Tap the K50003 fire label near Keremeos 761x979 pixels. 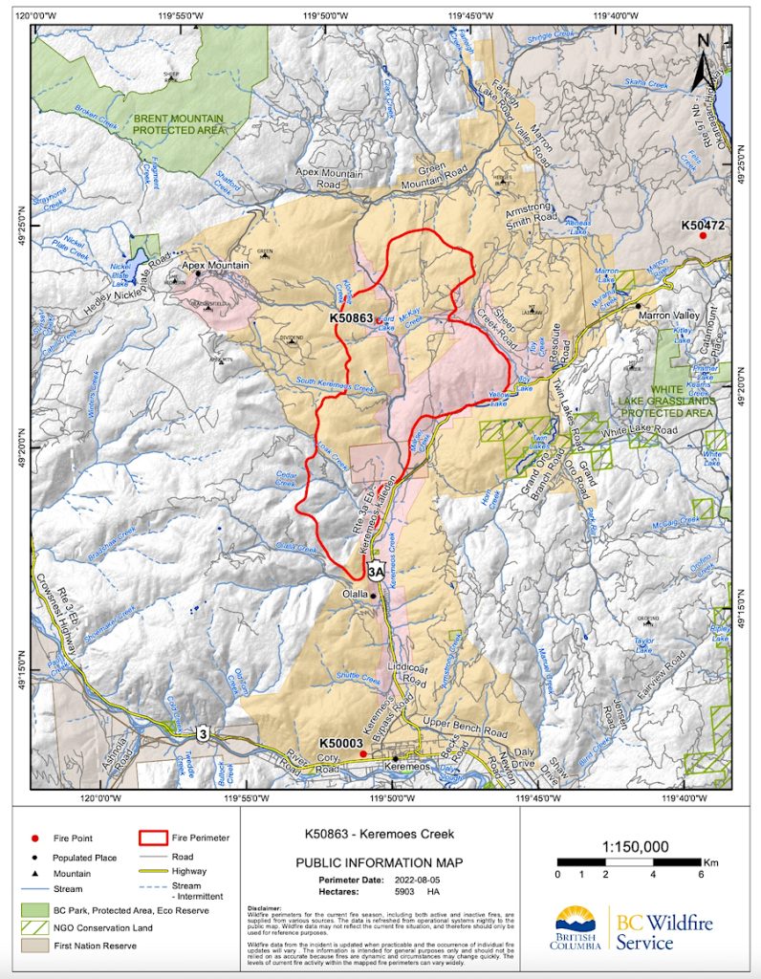341,743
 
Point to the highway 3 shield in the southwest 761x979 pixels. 203,733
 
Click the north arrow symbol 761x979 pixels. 705,59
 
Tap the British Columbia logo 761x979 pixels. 579,930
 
